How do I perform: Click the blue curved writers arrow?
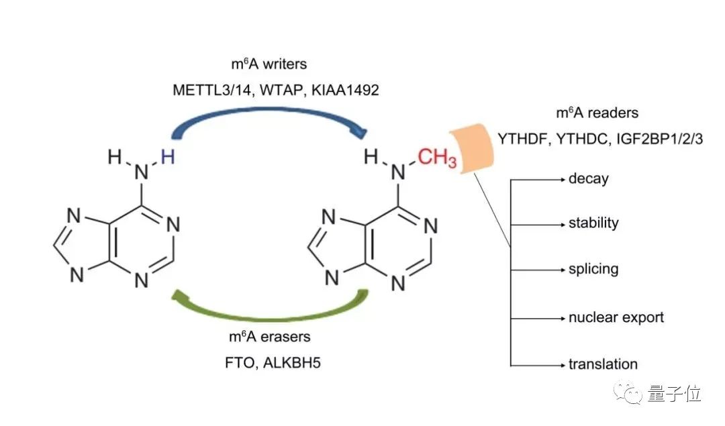[x=269, y=115]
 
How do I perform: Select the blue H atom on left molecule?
[x=168, y=157]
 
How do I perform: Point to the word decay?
[x=588, y=179]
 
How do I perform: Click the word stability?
[x=593, y=223]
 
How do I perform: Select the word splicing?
[x=593, y=270]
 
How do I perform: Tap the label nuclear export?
[x=616, y=317]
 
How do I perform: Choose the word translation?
[x=603, y=364]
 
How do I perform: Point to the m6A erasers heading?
[x=268, y=337]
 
